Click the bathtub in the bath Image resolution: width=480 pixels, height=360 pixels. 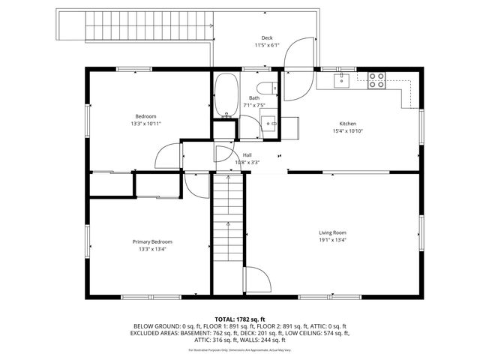click(x=223, y=95)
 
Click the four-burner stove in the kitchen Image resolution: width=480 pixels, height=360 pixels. click(x=376, y=79)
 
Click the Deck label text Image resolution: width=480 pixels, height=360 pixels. click(x=266, y=37)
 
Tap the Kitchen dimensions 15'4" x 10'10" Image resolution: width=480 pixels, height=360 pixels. click(x=347, y=131)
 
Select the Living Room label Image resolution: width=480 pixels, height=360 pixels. click(x=332, y=232)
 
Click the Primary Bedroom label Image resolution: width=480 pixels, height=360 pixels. click(x=152, y=241)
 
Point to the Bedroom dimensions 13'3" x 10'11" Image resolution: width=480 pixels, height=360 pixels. click(x=145, y=123)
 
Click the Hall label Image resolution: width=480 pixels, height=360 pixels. click(x=247, y=154)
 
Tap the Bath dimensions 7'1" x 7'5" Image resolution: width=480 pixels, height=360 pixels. click(x=254, y=106)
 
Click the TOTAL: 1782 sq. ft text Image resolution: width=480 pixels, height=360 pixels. click(x=239, y=319)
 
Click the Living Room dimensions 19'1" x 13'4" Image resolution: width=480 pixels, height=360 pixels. click(x=332, y=241)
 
